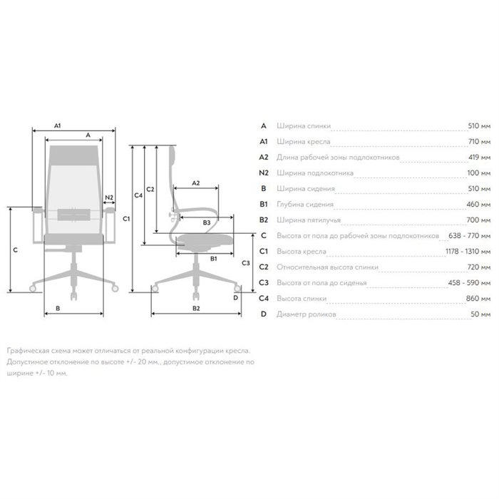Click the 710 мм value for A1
click(x=479, y=141)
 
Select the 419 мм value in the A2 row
click(x=479, y=157)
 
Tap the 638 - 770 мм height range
click(x=469, y=235)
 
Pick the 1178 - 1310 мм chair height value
click(x=468, y=251)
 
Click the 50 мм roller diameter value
click(x=480, y=314)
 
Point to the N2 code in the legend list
click(x=264, y=173)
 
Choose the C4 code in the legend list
click(x=264, y=298)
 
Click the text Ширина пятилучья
click(x=309, y=220)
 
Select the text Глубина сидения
click(x=305, y=204)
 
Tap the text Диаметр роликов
click(x=306, y=314)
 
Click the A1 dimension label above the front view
click(x=57, y=125)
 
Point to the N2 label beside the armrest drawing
click(x=109, y=197)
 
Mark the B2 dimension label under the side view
click(x=196, y=308)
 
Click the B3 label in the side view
click(x=207, y=222)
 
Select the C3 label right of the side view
click(x=246, y=263)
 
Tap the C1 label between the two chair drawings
click(x=126, y=219)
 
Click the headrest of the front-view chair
click(x=74, y=155)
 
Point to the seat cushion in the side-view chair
click(x=205, y=239)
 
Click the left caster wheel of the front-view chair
click(x=33, y=289)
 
